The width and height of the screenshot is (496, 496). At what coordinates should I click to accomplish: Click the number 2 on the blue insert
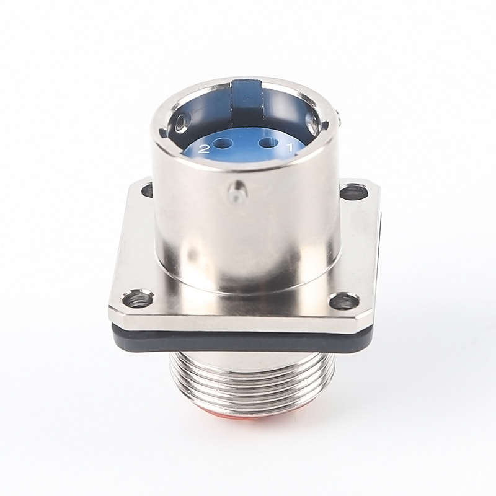[x=205, y=149]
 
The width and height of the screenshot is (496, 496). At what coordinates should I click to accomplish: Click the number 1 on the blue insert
[x=290, y=147]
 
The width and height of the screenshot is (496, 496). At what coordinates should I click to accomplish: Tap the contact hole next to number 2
[x=221, y=144]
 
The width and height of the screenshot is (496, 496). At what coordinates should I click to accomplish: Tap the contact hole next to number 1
[x=268, y=143]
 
